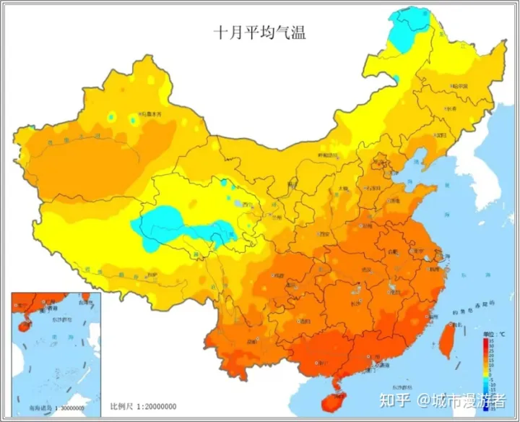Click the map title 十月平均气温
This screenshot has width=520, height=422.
point(259,33)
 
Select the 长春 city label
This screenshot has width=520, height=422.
point(451,108)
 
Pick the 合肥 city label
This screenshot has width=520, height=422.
point(393,251)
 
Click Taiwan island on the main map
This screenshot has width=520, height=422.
point(447,340)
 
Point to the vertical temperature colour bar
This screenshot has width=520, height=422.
point(491,372)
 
